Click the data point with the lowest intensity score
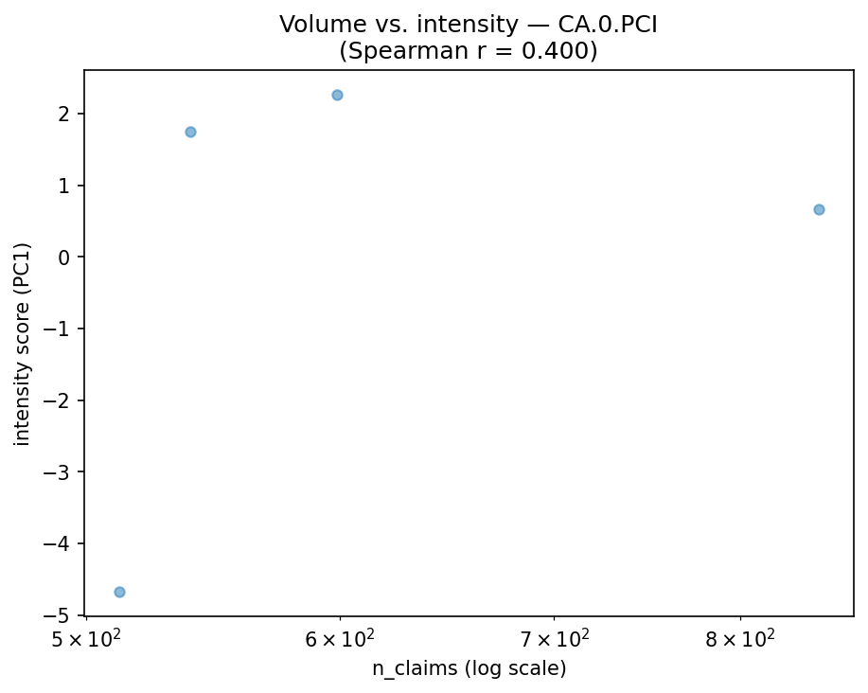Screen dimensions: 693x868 [119, 592]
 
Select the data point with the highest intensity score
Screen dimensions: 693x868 [337, 95]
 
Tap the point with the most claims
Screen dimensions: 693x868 [819, 209]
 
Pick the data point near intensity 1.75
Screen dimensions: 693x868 [190, 132]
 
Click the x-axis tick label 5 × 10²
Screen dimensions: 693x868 [86, 639]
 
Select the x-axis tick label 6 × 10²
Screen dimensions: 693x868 [340, 639]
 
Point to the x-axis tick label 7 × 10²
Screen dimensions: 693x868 [554, 639]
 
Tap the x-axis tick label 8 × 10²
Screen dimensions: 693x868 [739, 639]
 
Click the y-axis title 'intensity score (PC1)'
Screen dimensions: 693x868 [23, 343]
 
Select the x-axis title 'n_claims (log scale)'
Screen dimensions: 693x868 [469, 669]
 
